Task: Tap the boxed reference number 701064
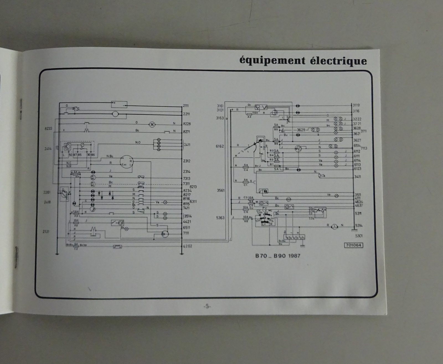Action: click(354, 245)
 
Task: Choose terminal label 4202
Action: click(187, 246)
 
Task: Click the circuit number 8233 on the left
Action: click(48, 129)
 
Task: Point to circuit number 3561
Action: click(221, 190)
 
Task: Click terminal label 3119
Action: click(356, 105)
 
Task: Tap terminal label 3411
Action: click(357, 177)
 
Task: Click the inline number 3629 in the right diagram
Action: click(301, 130)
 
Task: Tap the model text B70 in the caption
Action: click(261, 256)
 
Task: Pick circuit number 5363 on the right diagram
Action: click(220, 218)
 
